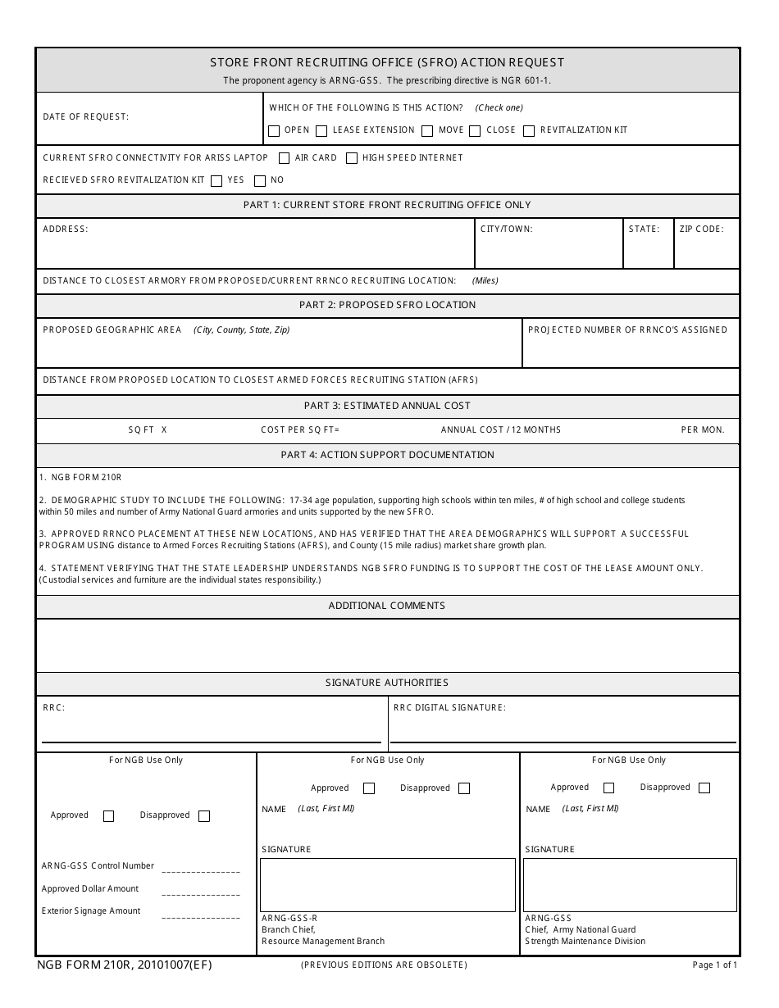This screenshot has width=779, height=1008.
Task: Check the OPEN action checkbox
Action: pyautogui.click(x=274, y=130)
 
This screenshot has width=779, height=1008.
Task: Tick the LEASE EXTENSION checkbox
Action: pyautogui.click(x=321, y=130)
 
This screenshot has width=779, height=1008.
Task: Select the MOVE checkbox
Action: pyautogui.click(x=427, y=130)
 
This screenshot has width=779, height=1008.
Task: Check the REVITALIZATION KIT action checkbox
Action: pyautogui.click(x=529, y=130)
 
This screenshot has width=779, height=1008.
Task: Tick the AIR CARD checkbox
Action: pyautogui.click(x=285, y=158)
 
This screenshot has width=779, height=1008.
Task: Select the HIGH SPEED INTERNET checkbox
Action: pyautogui.click(x=352, y=158)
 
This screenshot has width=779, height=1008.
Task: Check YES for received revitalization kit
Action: pyautogui.click(x=216, y=180)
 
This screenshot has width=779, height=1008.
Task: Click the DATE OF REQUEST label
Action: pyautogui.click(x=86, y=117)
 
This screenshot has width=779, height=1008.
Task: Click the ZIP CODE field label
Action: pyautogui.click(x=701, y=229)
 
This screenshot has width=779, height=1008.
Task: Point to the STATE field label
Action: pyautogui.click(x=644, y=229)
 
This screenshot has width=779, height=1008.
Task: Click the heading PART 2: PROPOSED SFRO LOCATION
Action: pyautogui.click(x=387, y=305)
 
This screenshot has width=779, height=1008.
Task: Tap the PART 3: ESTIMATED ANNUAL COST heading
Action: pyautogui.click(x=387, y=406)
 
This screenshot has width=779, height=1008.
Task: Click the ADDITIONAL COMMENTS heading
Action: pyautogui.click(x=387, y=606)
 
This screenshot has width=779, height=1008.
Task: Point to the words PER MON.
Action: pyautogui.click(x=703, y=430)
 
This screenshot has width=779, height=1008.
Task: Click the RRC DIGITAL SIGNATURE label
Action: pyautogui.click(x=449, y=707)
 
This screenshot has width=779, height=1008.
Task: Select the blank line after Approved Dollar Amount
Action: pyautogui.click(x=201, y=893)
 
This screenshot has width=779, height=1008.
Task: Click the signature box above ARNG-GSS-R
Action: pyautogui.click(x=388, y=885)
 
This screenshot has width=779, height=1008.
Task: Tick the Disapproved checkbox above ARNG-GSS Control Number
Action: pyautogui.click(x=204, y=816)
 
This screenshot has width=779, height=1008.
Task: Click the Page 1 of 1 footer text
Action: pyautogui.click(x=715, y=965)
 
